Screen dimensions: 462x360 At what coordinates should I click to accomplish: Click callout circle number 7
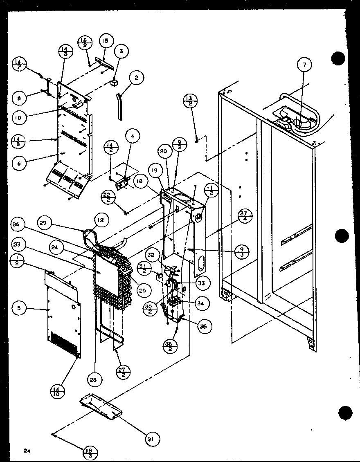coord(304,64)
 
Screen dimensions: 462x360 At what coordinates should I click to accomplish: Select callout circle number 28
coord(94,379)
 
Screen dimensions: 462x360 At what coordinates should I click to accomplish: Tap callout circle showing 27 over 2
coord(123,372)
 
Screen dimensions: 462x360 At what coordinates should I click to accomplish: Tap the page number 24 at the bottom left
coord(27,451)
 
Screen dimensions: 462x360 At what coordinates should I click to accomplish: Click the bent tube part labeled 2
coord(119,106)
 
